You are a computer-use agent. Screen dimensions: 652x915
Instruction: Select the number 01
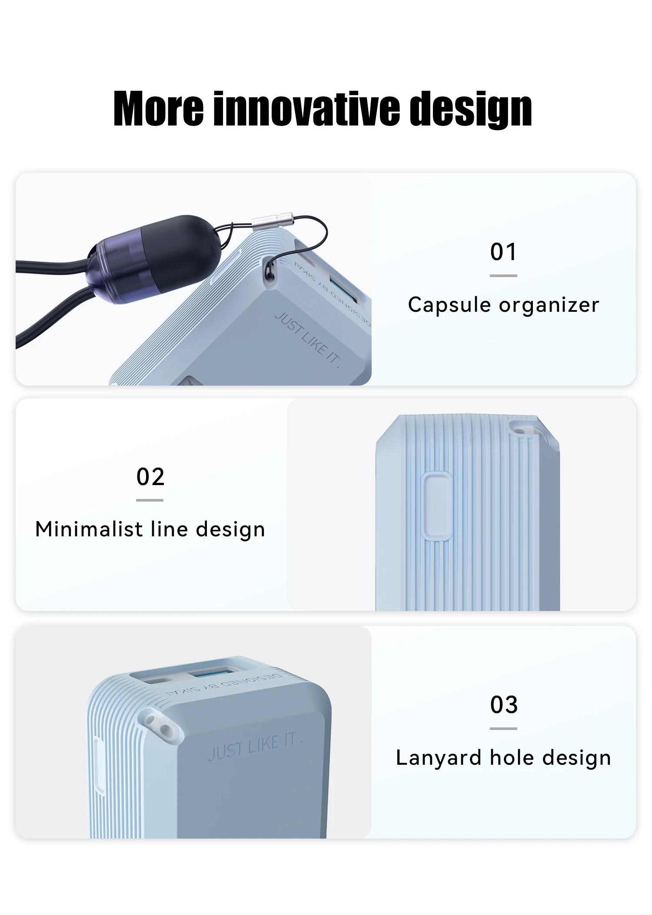click(503, 252)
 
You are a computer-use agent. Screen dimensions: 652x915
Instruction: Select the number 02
click(150, 477)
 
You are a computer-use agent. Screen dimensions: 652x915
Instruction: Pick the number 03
click(504, 704)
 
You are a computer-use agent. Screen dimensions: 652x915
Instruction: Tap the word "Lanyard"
click(439, 759)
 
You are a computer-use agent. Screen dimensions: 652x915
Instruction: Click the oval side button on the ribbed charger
click(436, 506)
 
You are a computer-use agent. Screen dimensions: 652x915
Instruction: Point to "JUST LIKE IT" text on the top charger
click(307, 340)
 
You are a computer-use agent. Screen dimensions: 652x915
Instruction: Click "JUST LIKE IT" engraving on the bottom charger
click(255, 747)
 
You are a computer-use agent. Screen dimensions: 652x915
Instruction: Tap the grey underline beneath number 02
click(150, 500)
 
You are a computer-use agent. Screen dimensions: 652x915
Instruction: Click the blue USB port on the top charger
click(343, 289)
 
